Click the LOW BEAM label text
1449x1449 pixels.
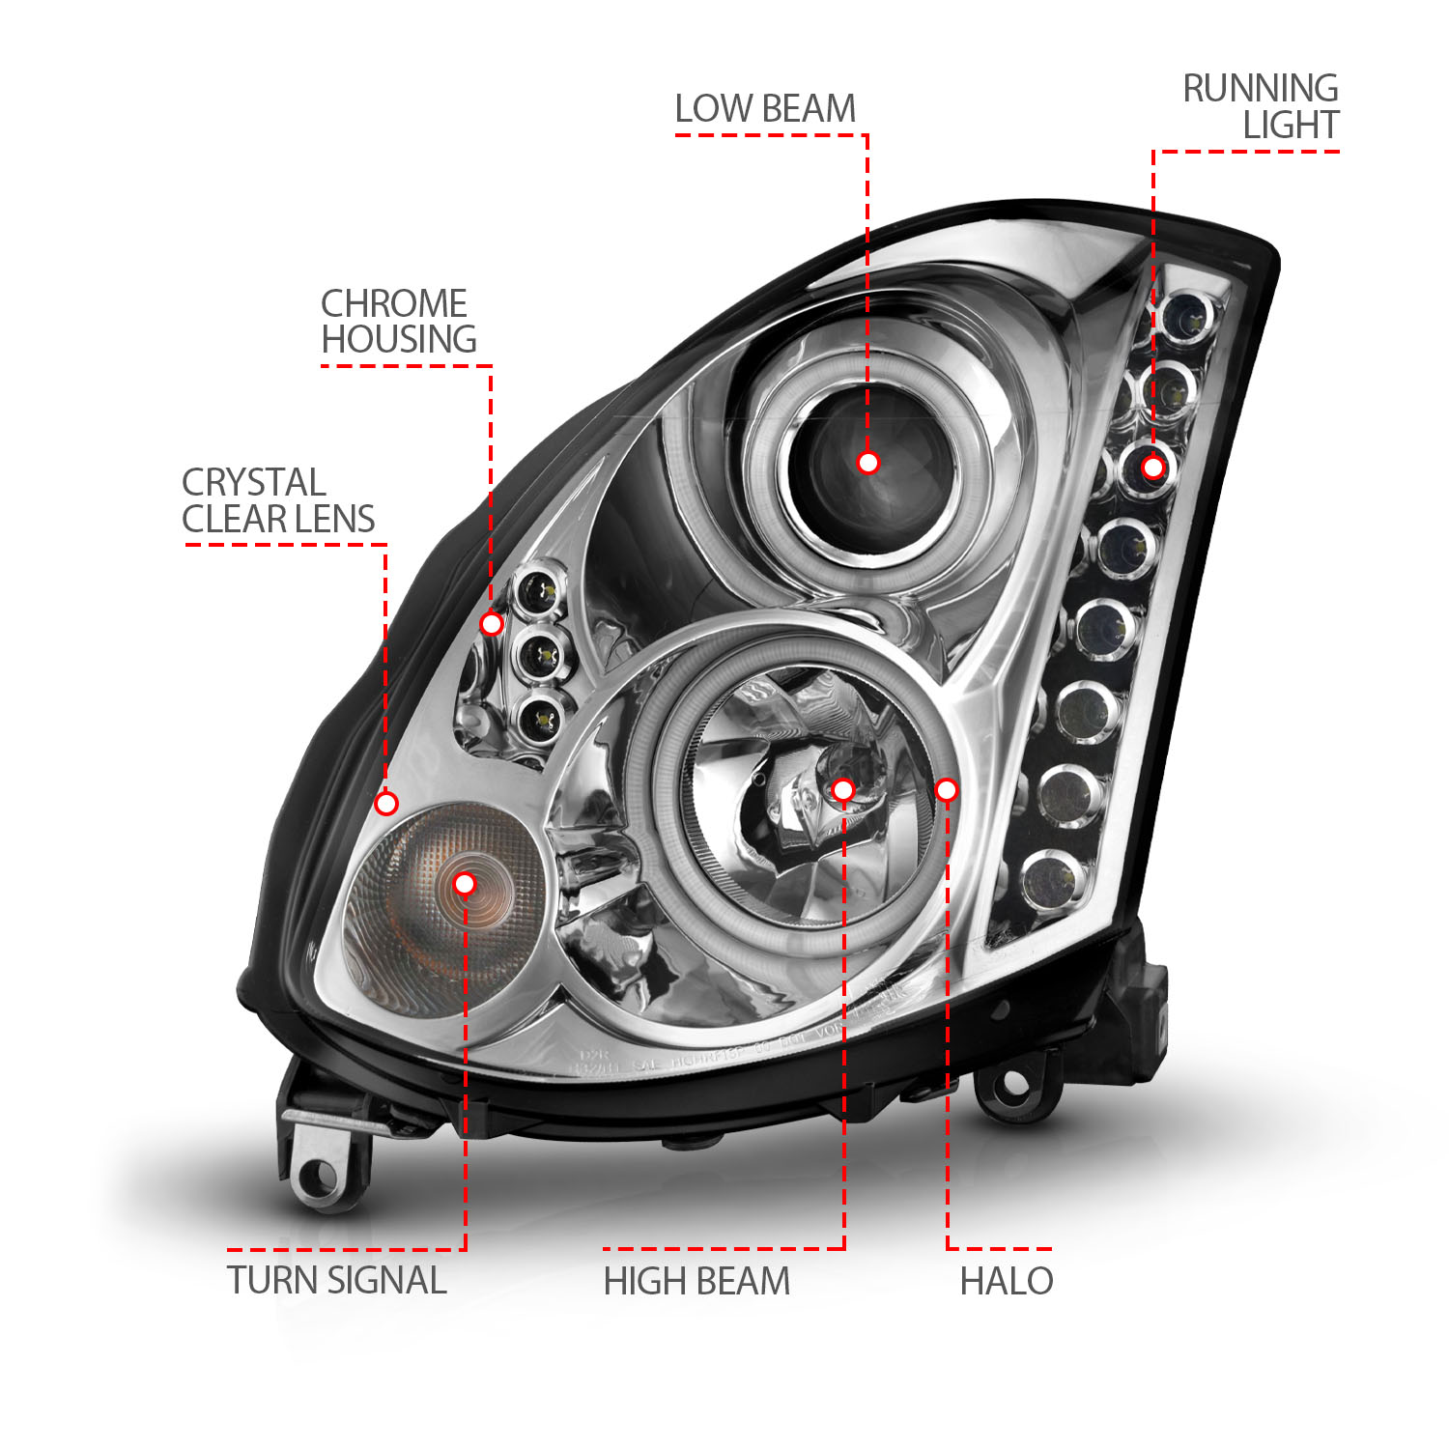[x=765, y=109]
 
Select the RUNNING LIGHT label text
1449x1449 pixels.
[x=1262, y=106]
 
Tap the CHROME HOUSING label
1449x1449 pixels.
[x=397, y=322]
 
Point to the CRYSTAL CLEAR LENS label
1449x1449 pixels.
[x=277, y=500]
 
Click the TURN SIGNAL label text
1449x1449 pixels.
[x=336, y=1281]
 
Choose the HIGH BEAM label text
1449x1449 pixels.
[x=696, y=1282]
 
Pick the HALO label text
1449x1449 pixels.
[x=1006, y=1281]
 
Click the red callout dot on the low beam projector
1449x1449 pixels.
[x=867, y=463]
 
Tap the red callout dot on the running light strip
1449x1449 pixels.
[x=1152, y=468]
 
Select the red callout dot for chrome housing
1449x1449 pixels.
[x=492, y=624]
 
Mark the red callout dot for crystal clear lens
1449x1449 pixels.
[x=386, y=803]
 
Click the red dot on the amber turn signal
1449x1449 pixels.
[x=465, y=883]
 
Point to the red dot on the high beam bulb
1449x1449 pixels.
[x=842, y=790]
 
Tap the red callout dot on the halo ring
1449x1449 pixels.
[x=947, y=790]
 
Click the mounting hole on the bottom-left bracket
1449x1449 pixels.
[x=318, y=1176]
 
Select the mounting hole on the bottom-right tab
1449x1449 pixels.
[x=1013, y=1085]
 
